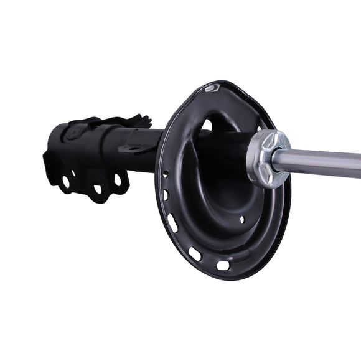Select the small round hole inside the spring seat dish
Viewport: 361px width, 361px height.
(x=243, y=219)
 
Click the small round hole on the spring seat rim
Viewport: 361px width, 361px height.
(x=165, y=174)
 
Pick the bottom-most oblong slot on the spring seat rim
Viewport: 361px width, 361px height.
(x=223, y=266)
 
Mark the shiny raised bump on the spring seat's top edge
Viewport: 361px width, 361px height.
(x=213, y=88)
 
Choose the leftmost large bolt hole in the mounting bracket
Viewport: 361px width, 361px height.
(x=65, y=182)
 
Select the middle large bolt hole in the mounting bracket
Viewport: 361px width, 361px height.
(x=97, y=188)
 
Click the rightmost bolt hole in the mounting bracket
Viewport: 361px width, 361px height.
(x=118, y=180)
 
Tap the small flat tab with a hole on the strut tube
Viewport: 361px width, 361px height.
(x=132, y=148)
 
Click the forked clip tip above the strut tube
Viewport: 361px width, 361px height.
(x=144, y=119)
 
